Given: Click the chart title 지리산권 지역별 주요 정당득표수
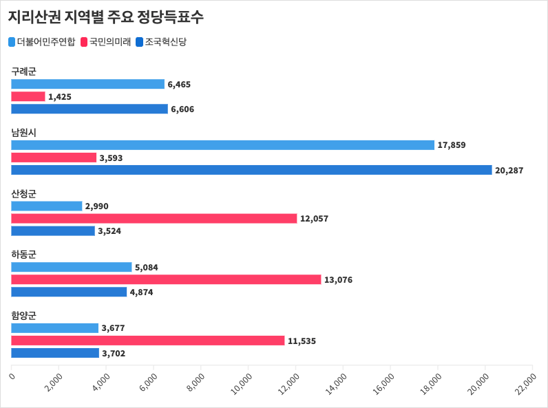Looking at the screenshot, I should pos(105,17).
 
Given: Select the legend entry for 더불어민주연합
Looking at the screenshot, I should pos(42,42).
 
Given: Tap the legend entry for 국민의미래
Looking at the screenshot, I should pos(107,42).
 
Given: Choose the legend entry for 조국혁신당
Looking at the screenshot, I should pos(162,42).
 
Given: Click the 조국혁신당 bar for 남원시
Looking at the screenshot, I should pos(251,170).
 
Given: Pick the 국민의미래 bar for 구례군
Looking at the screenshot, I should pos(28,96).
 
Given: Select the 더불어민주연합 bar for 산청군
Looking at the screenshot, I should pos(47,206).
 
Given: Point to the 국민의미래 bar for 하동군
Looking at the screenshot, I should pos(166,279).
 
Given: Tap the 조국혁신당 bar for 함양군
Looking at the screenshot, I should pos(55,353).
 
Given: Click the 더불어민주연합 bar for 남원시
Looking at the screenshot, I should pos(222,145).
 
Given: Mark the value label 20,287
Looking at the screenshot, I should pos(509,170).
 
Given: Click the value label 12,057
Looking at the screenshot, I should pos(314,219).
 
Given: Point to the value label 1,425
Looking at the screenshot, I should pos(59,97).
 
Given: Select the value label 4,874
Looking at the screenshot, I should pos(141,292).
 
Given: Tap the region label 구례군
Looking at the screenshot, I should pos(23,71).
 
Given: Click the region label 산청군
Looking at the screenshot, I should pos(23,193).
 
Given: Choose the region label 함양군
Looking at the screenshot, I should pos(23,315).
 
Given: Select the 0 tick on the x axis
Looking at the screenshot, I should pos(12,376).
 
